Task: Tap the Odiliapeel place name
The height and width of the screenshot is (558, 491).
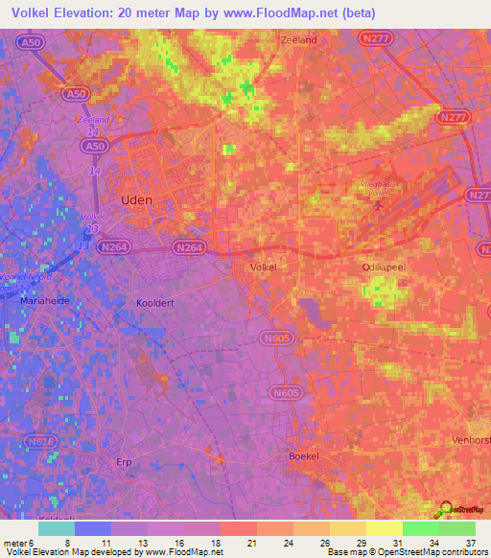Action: tap(385, 267)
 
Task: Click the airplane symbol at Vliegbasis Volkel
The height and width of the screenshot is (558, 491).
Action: tap(383, 202)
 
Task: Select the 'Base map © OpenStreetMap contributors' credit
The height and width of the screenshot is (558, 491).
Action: tap(407, 552)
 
